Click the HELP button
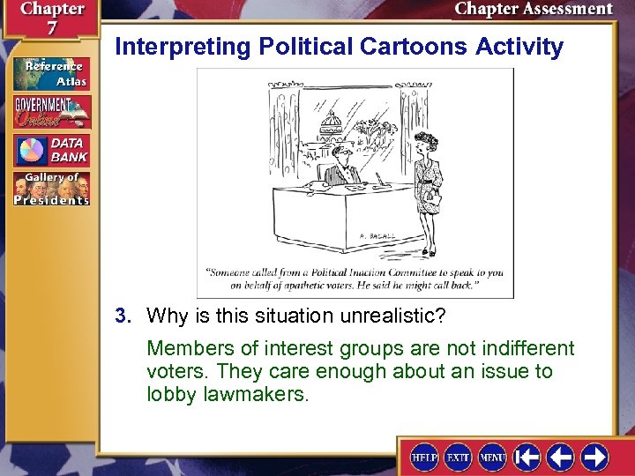pos(424,457)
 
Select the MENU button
pos(492,457)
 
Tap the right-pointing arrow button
pos(594,457)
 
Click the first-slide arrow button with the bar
pos(527,457)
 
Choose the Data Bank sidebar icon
pos(50,149)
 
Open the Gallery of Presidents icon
pos(50,188)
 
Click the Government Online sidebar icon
pos(50,112)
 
